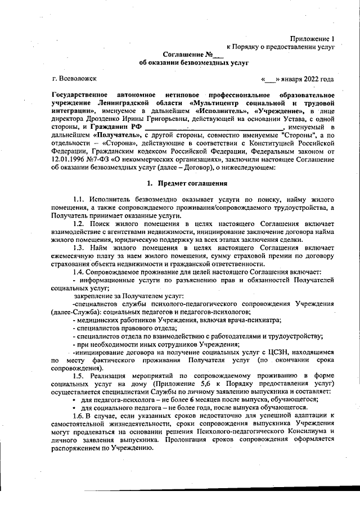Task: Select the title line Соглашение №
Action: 193,55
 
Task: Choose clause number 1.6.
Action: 79,415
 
